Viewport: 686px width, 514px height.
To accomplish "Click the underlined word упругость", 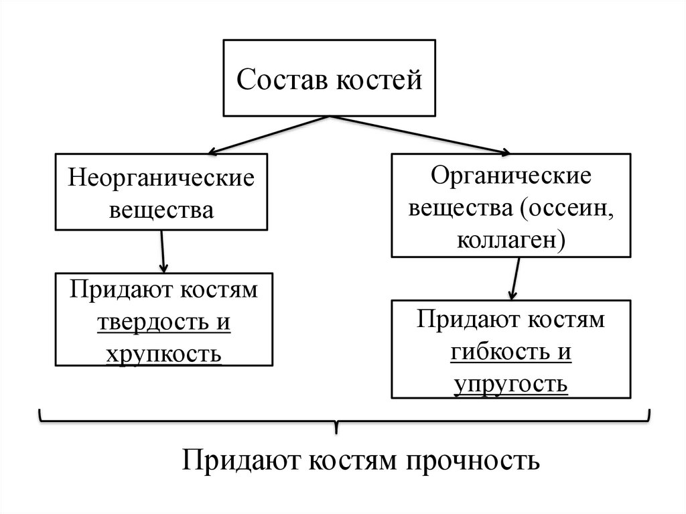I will click(511, 383).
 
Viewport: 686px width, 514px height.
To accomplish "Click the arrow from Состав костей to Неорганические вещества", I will click(268, 135).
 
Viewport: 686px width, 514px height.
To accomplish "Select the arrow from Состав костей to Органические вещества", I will click(419, 135).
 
